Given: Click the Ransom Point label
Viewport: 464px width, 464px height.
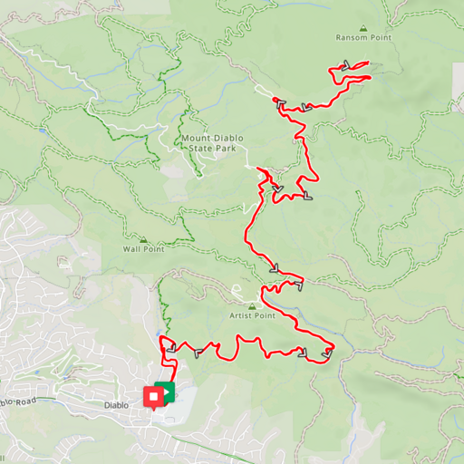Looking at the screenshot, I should coord(362,38).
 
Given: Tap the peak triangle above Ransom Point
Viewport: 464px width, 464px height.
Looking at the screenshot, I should coord(362,28).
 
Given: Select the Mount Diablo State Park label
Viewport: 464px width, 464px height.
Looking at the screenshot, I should coord(215,142).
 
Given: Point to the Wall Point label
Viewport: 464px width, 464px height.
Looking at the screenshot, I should coord(143,248).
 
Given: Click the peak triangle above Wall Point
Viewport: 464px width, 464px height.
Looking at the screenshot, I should coord(143,239).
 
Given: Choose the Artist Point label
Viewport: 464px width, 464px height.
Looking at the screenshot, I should coord(252,315).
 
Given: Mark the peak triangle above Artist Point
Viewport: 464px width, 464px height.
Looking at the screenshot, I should coord(252,305).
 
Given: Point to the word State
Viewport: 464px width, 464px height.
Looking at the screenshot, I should coord(208,147).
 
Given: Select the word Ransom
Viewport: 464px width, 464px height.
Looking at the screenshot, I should coord(352,38).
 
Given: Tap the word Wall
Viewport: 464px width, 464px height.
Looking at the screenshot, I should coord(132,248).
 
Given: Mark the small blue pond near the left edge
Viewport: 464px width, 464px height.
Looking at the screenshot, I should coord(64,266).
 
